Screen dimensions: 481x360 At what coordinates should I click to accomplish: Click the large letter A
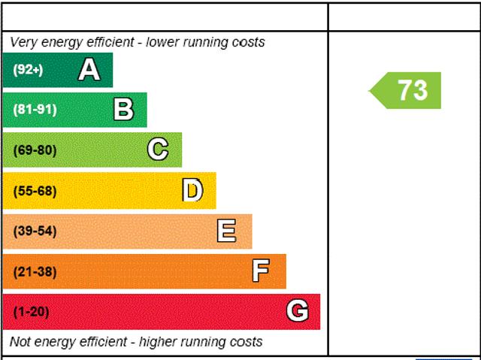pos(89,70)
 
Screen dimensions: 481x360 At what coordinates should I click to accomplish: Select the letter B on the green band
pos(123,109)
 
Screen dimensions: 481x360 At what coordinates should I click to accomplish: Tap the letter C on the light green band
pos(158,150)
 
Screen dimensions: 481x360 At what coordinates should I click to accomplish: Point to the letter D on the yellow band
pos(192,190)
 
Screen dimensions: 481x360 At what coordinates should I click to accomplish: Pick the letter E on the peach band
pos(227,231)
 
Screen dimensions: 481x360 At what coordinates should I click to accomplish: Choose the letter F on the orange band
pos(261,271)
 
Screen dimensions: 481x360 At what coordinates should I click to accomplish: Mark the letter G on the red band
pos(298,310)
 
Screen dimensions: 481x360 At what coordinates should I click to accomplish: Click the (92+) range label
pos(28,70)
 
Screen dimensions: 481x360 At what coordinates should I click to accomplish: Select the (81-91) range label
pos(35,110)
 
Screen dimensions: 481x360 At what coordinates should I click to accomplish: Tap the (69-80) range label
pos(35,150)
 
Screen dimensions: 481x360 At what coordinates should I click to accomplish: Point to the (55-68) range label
pos(35,191)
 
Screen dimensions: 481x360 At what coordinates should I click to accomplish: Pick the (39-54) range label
pos(35,231)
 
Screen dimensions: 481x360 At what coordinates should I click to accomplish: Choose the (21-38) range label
pos(35,271)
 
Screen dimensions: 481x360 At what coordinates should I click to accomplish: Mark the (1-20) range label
pos(32,312)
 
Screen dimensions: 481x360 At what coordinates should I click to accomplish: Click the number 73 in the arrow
pos(413,90)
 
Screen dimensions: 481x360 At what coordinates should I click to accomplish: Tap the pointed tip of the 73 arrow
pos(369,91)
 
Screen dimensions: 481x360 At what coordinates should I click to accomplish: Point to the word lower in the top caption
pos(162,42)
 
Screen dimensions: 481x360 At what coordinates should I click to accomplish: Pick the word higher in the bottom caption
pos(159,342)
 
